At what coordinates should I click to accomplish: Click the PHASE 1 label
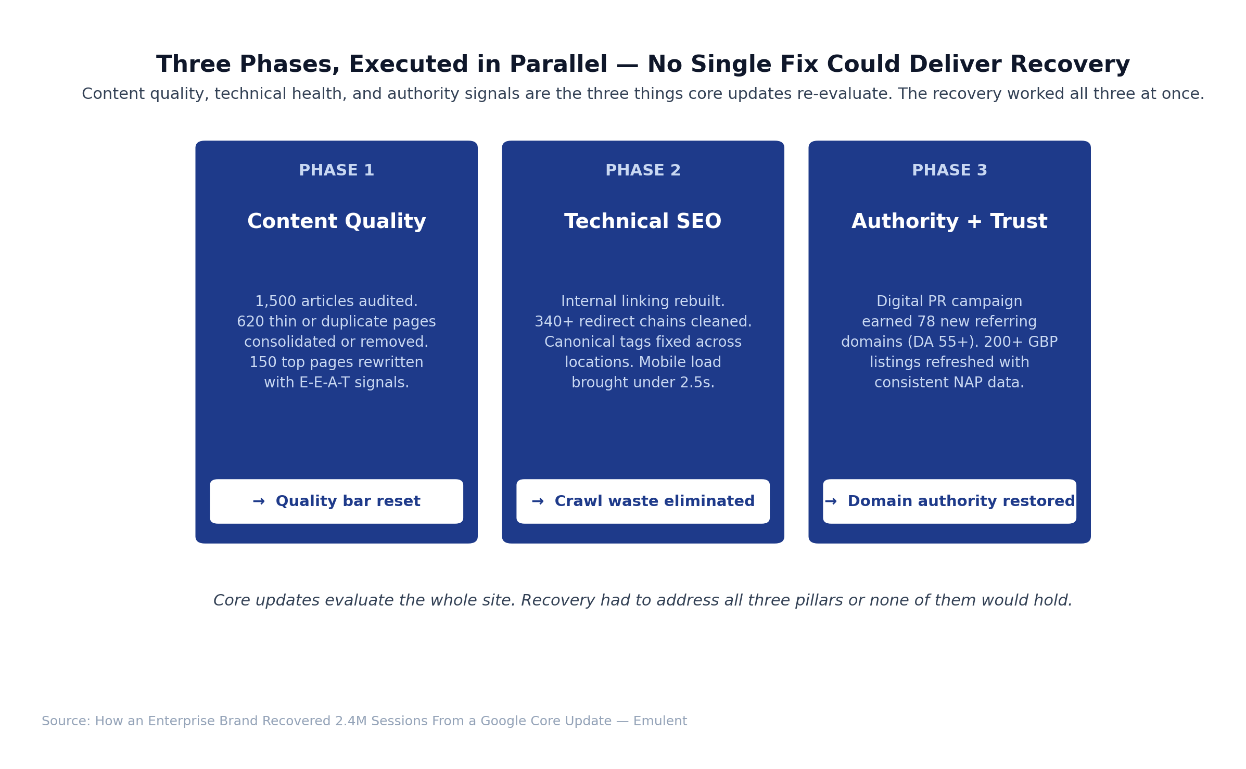tap(336, 170)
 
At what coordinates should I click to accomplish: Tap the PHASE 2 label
tap(643, 170)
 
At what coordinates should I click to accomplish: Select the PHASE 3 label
tap(949, 170)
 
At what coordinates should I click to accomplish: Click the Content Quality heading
tap(336, 222)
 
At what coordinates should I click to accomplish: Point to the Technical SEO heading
tap(643, 222)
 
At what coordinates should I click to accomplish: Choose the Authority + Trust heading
tap(949, 222)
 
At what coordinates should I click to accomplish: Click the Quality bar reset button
tap(336, 501)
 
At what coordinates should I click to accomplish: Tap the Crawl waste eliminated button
tap(643, 501)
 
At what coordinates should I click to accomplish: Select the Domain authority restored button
tap(949, 501)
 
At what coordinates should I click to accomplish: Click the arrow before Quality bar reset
tap(259, 501)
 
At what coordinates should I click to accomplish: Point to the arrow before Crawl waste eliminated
tap(538, 501)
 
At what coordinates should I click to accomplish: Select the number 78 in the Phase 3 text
tap(926, 322)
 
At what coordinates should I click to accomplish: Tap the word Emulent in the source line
tap(660, 721)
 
